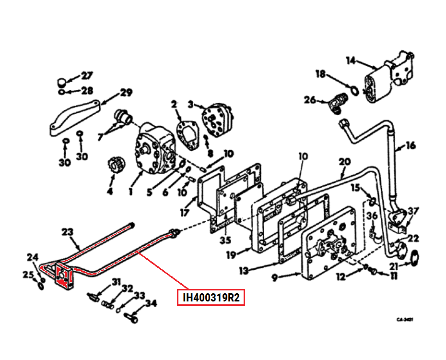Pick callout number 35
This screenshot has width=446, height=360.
(225, 240)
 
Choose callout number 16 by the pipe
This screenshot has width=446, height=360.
(411, 145)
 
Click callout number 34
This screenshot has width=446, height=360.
(151, 303)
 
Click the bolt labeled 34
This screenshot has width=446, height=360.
(130, 317)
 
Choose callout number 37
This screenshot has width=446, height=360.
(413, 212)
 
